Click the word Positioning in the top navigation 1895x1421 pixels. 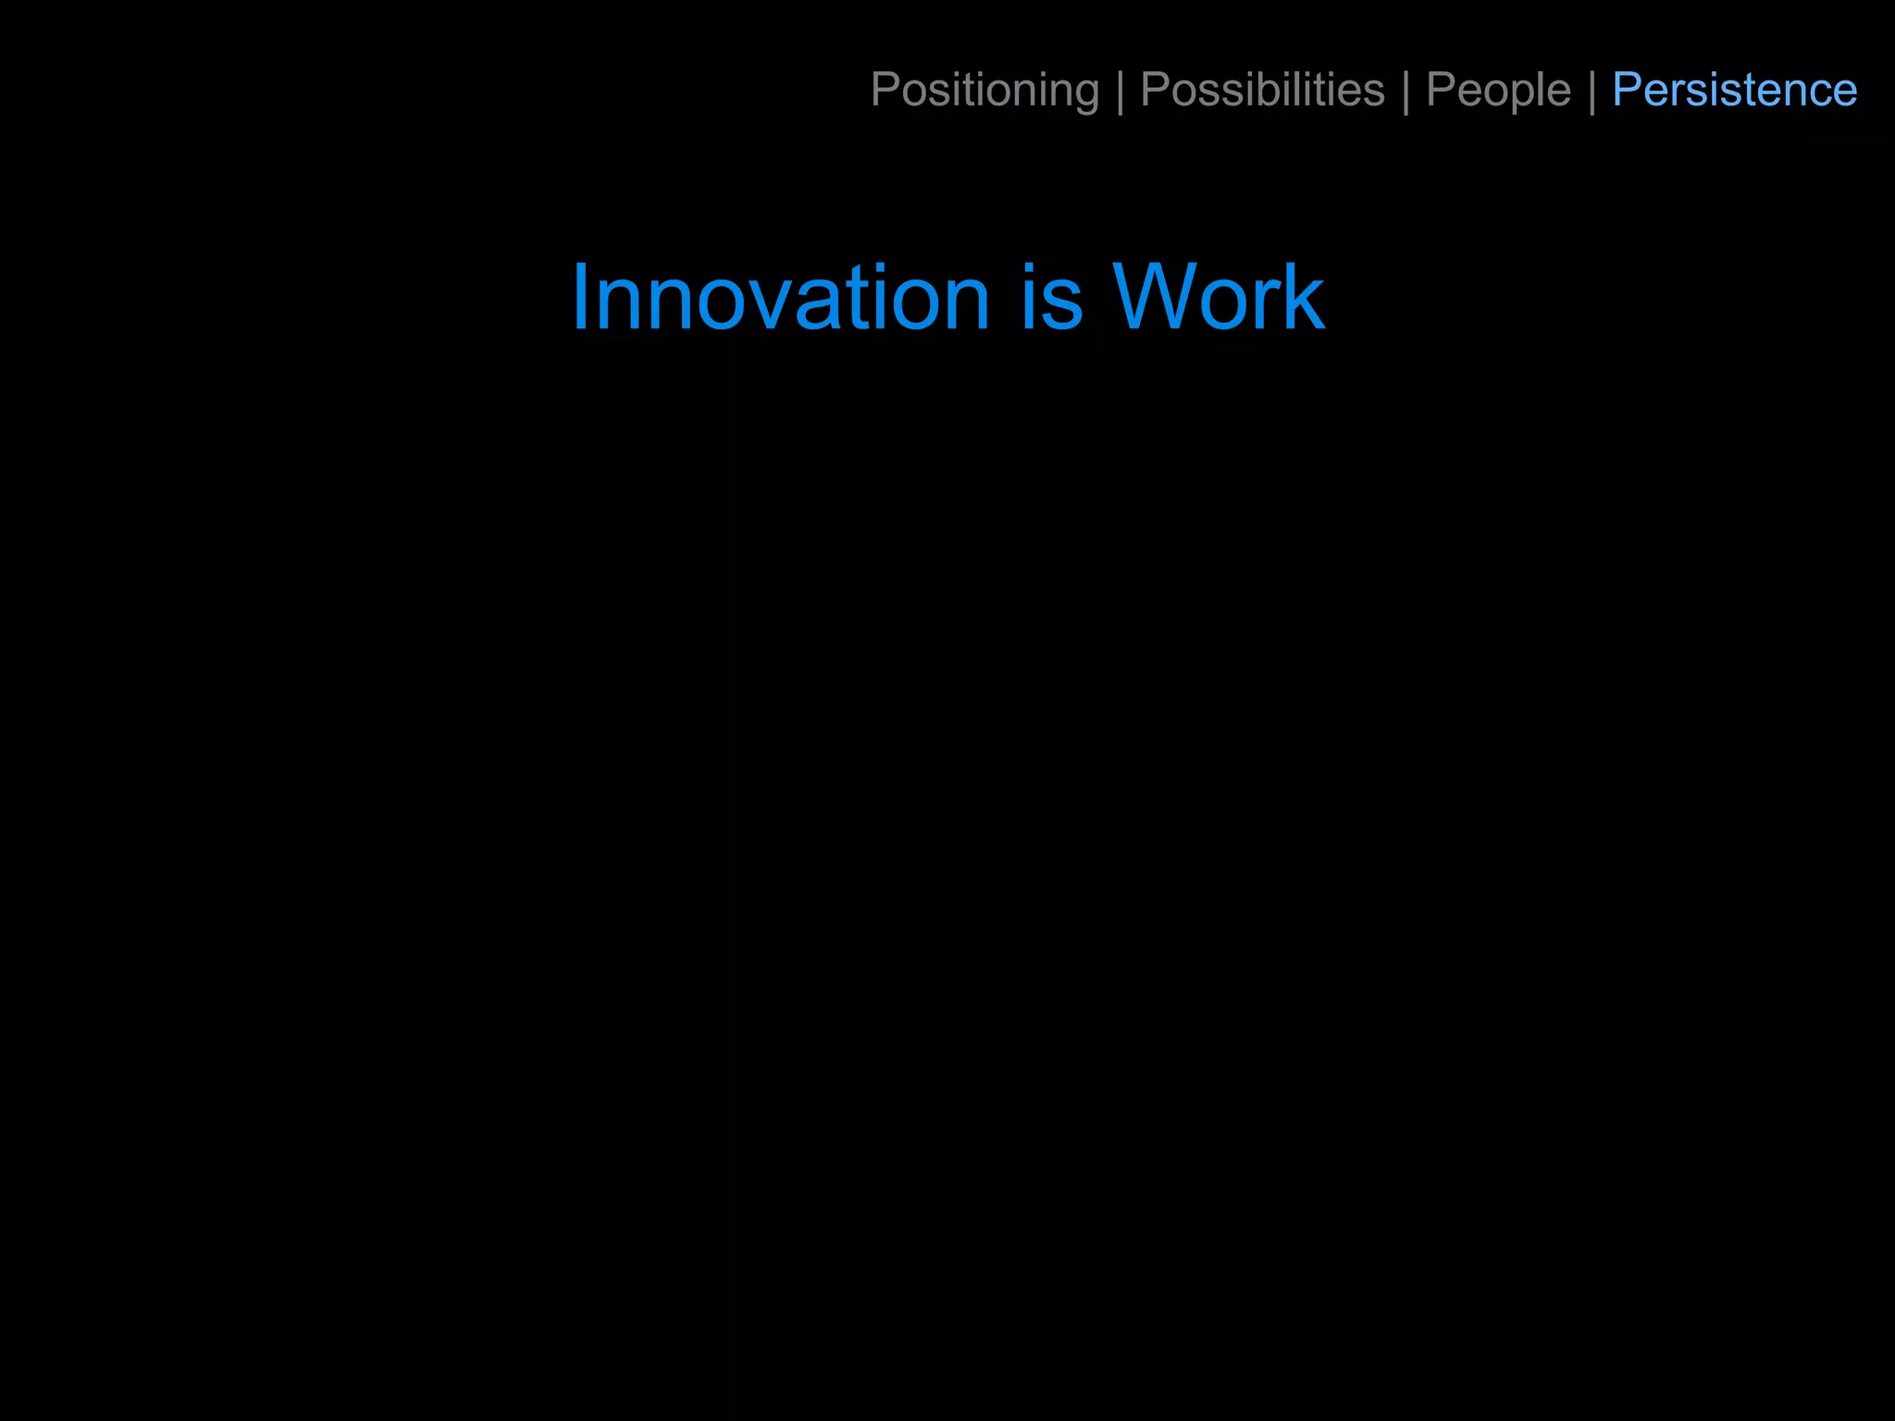985,91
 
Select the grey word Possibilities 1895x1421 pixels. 1262,91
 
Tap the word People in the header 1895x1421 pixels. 1498,91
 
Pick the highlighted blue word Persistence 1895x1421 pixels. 1734,91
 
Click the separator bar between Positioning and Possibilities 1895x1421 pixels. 1121,91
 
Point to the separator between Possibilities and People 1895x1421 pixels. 1406,91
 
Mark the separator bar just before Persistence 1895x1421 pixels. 1592,91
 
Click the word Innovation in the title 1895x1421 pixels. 781,298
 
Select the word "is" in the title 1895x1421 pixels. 1051,298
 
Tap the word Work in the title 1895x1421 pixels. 1218,298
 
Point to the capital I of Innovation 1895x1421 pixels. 580,298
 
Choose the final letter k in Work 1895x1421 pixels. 1303,298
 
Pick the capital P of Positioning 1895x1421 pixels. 886,90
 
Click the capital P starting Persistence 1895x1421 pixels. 1628,90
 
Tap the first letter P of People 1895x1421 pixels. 1442,90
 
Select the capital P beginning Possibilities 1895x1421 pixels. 1156,90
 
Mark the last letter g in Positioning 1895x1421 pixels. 1085,94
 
